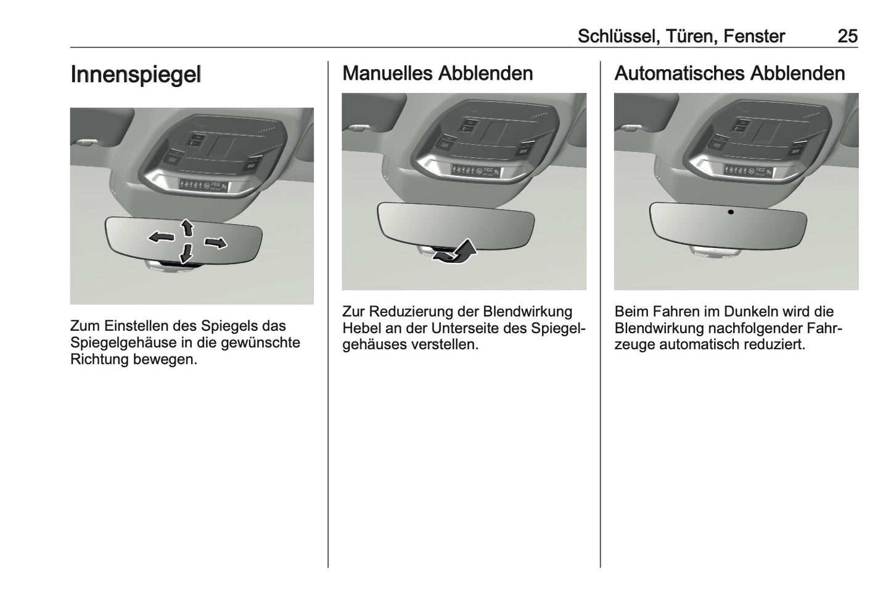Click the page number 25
point(847,36)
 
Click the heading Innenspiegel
point(136,74)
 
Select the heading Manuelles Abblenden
point(437,73)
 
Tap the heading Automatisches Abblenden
point(729,73)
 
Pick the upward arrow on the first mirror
point(187,228)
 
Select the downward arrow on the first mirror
point(186,252)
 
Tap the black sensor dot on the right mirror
point(731,212)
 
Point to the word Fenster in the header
point(753,36)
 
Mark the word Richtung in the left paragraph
point(99,359)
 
